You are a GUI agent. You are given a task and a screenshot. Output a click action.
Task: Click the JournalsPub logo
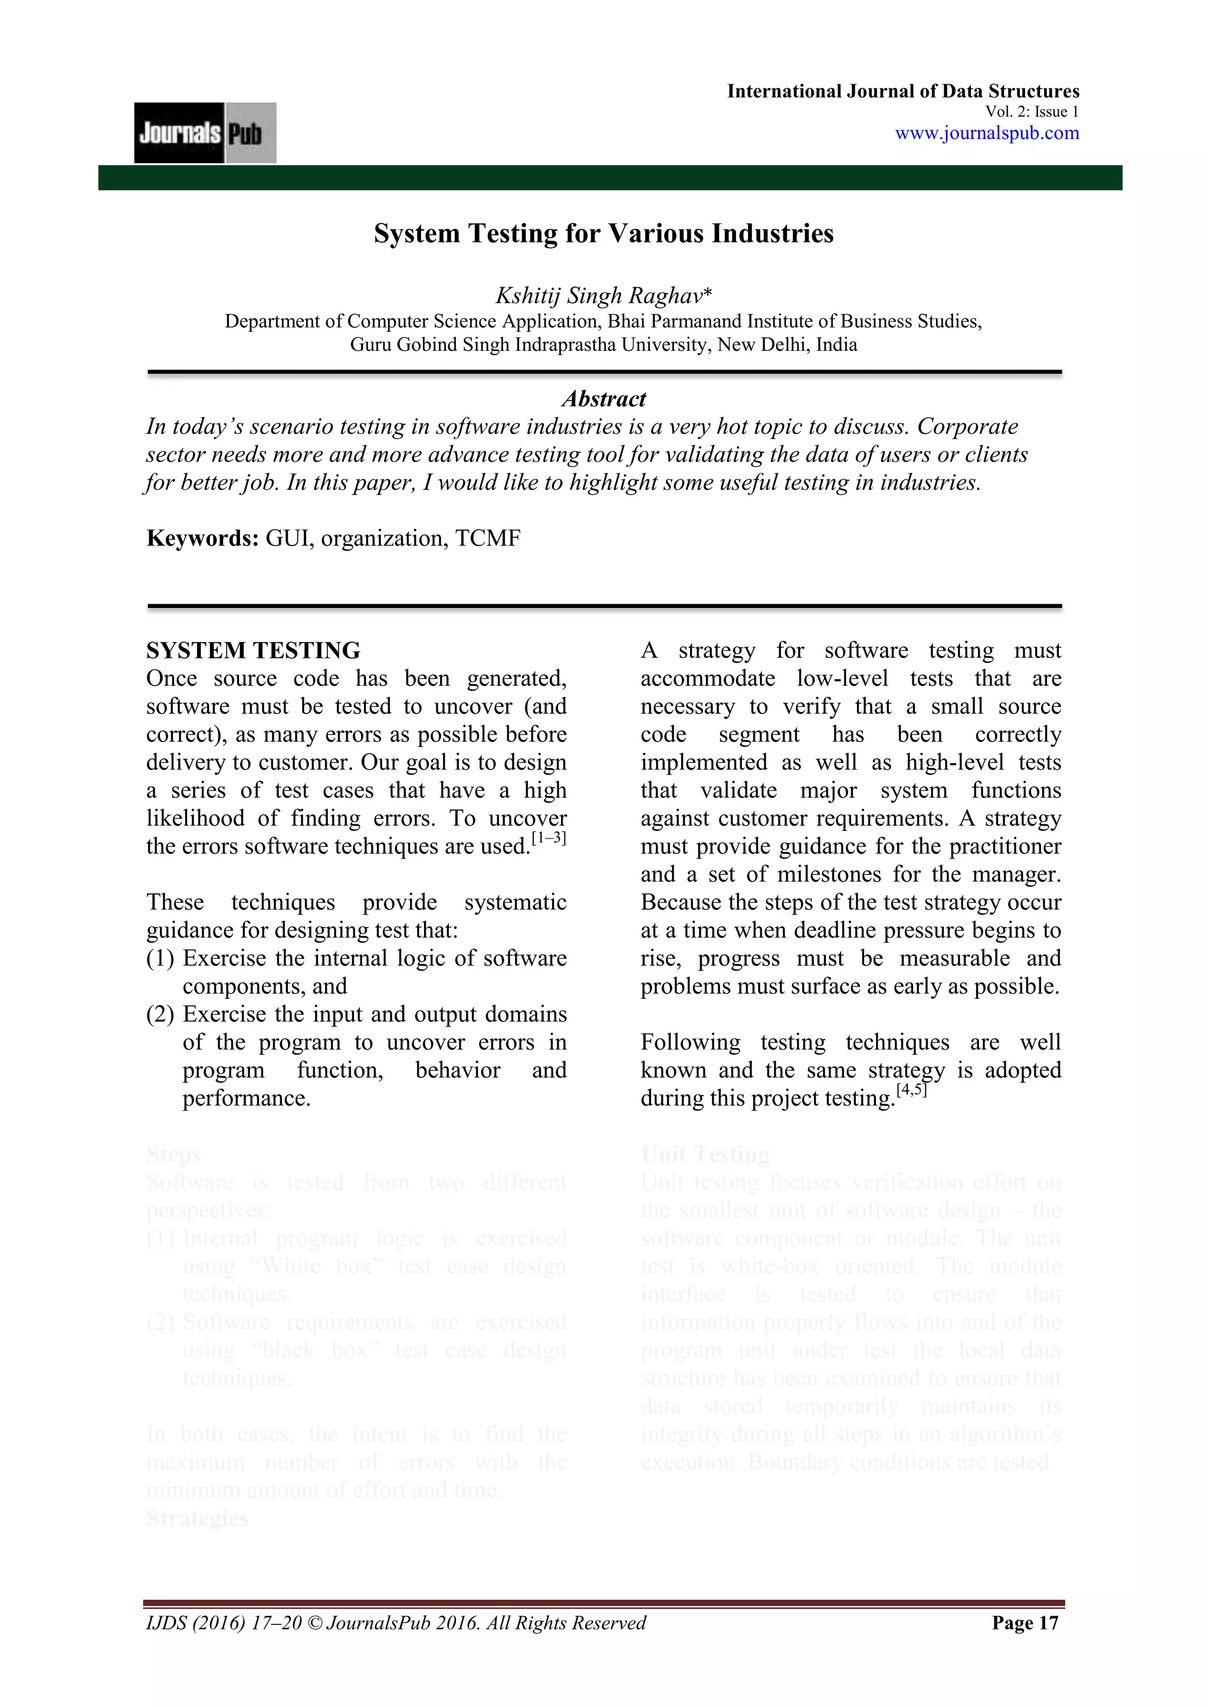click(205, 133)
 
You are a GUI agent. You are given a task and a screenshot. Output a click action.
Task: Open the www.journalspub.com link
click(986, 133)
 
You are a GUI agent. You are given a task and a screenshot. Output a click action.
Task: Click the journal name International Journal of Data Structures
click(902, 91)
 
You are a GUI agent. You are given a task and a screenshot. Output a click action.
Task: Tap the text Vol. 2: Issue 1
click(1032, 112)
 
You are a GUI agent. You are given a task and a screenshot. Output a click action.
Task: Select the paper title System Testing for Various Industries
click(603, 233)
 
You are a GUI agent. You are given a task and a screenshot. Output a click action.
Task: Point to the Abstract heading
click(603, 399)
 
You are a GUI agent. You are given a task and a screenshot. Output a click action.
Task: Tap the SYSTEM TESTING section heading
click(253, 650)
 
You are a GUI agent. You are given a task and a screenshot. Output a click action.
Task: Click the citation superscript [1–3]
click(549, 838)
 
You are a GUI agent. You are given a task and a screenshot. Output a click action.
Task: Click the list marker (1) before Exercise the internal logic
click(160, 958)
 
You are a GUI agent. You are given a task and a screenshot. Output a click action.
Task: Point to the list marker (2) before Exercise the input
click(160, 1014)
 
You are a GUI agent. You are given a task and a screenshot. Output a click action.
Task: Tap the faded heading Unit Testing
click(705, 1154)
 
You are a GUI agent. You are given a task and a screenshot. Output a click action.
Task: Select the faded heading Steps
click(173, 1154)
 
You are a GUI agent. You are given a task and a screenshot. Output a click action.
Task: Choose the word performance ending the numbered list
click(245, 1098)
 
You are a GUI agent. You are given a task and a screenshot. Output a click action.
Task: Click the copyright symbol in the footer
click(313, 1623)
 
